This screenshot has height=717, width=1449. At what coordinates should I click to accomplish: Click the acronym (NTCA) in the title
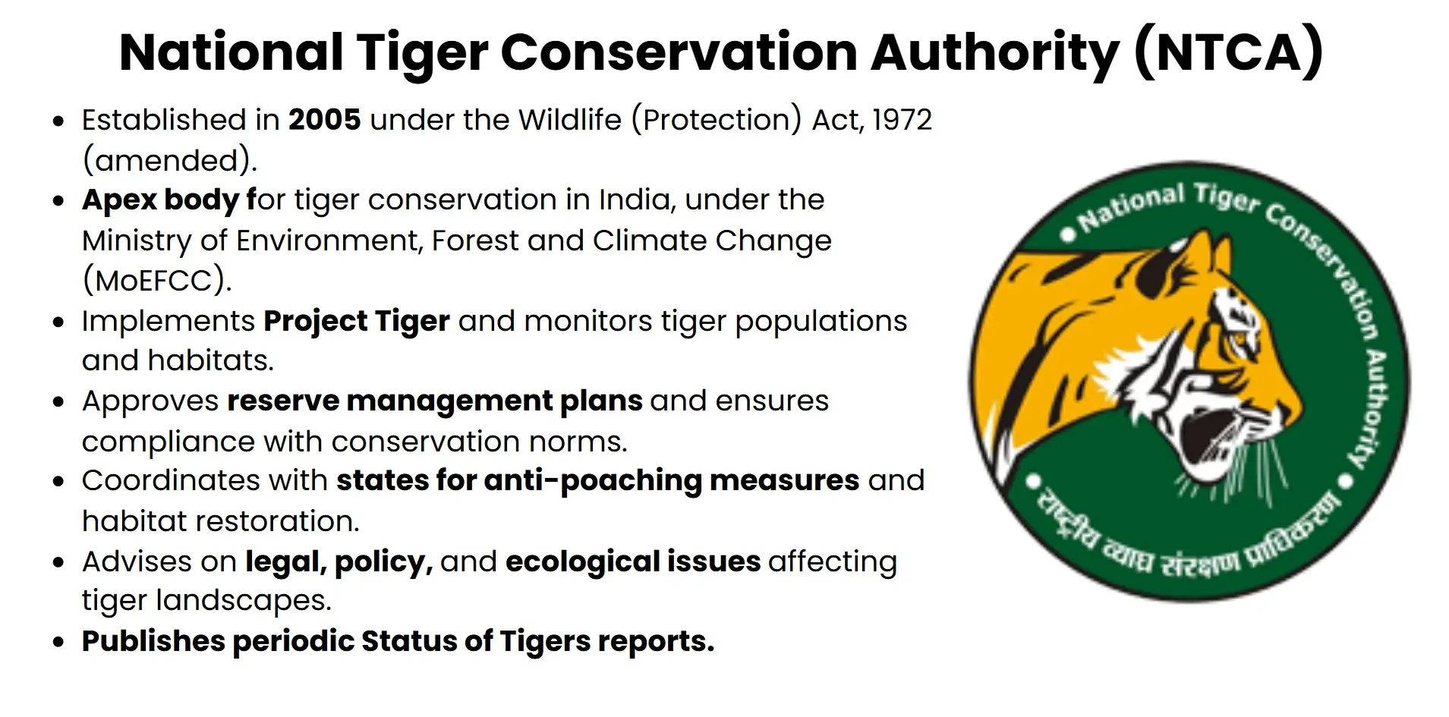coord(1228,52)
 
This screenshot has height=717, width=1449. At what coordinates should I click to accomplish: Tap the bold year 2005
coord(324,120)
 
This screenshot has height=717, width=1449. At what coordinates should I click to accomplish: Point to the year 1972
coord(902,120)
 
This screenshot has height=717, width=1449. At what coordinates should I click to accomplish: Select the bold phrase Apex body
coord(160,200)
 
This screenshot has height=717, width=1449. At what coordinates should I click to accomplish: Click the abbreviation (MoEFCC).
coord(156,281)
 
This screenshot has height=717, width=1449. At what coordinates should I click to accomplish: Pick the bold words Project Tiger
coord(356,321)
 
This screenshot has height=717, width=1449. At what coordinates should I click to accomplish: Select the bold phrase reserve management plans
coord(434,401)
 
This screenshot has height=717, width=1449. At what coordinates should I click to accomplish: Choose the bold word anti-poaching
coord(592,481)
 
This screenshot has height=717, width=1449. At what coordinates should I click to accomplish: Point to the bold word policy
coord(383,562)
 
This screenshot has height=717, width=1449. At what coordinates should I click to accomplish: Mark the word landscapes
coord(244,601)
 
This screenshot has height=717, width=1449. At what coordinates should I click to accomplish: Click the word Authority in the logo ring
coord(1372,410)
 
